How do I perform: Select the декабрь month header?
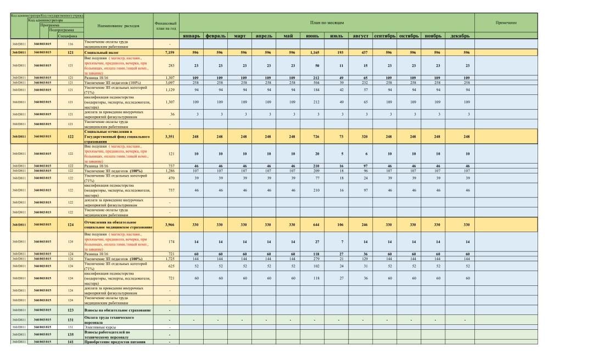[x=460, y=36]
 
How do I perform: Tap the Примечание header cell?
[x=506, y=23]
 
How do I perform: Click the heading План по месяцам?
[x=327, y=23]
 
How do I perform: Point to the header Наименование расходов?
[x=119, y=25]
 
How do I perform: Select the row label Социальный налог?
[x=99, y=52]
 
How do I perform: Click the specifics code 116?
[x=70, y=43]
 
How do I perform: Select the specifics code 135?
[x=70, y=334]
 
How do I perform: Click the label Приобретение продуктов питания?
[x=115, y=341]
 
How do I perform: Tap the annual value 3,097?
[x=170, y=82]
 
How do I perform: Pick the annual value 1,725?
[x=170, y=258]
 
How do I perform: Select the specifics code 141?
[x=70, y=341]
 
